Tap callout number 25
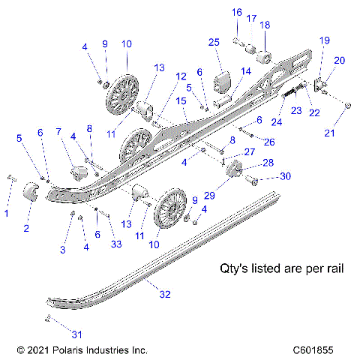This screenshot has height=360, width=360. pos(214,43)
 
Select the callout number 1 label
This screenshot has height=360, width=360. pos(7,214)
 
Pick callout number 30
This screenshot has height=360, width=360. pos(263,177)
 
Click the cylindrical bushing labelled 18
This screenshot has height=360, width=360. pos(265,59)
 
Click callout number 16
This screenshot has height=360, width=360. pos(236,12)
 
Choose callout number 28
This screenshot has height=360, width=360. pos(268,162)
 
